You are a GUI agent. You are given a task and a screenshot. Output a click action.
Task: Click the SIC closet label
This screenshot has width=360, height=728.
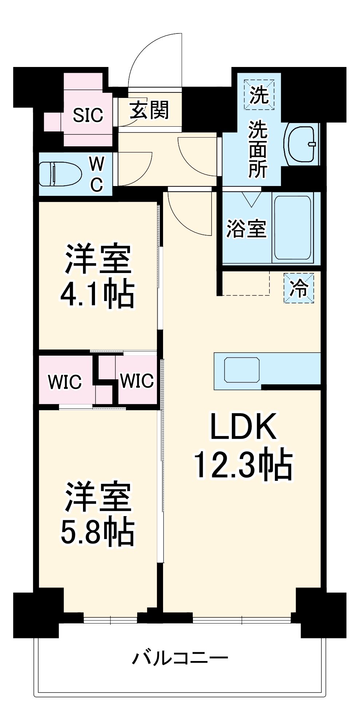pyautogui.click(x=88, y=115)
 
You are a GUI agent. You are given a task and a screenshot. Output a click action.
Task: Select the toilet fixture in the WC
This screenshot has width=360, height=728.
pyautogui.click(x=60, y=174)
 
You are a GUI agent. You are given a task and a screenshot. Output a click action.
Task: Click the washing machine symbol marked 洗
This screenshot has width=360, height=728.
pyautogui.click(x=259, y=95)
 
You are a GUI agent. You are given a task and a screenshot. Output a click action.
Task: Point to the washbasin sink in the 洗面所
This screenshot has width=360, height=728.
pyautogui.click(x=302, y=145)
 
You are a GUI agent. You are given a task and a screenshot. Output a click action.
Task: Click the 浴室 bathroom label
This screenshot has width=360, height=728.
pyautogui.click(x=246, y=229)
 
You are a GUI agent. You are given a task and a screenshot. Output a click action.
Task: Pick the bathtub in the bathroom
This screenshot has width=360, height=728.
pyautogui.click(x=293, y=227)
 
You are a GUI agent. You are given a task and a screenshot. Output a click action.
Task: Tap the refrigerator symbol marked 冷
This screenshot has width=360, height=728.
pyautogui.click(x=298, y=288)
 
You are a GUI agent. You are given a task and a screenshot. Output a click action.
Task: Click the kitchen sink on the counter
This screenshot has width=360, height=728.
pyautogui.click(x=242, y=370)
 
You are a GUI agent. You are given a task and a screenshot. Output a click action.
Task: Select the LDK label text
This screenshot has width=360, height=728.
pyautogui.click(x=243, y=426)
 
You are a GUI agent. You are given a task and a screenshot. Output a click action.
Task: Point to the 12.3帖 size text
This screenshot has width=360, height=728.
pyautogui.click(x=243, y=465)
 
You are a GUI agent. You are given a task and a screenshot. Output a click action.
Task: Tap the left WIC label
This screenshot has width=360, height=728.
pyautogui.click(x=65, y=382)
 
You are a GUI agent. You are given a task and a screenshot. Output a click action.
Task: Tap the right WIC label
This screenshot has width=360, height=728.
pyautogui.click(x=137, y=381)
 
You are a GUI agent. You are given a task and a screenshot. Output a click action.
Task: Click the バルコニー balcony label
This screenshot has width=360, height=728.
pyautogui.click(x=180, y=658)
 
